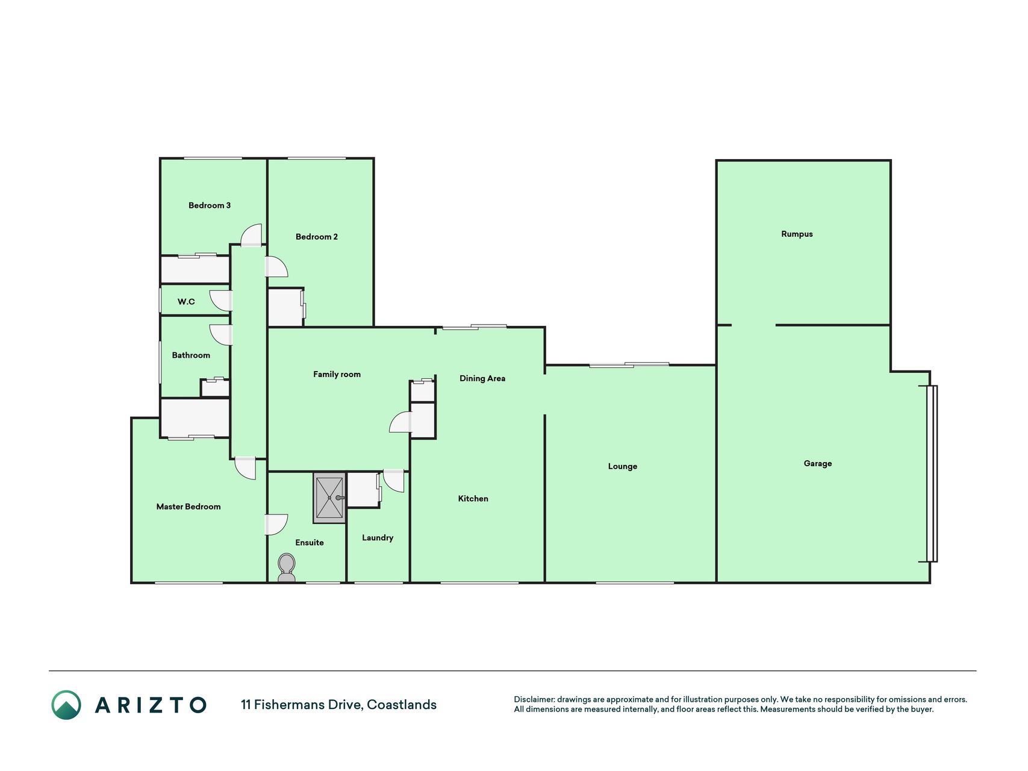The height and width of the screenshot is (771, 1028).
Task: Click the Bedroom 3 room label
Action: [x=210, y=205]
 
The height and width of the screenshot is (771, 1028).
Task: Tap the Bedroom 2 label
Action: [x=317, y=237]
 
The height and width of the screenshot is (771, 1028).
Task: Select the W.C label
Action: [x=186, y=302]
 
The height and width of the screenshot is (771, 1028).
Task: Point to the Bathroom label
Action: [x=191, y=355]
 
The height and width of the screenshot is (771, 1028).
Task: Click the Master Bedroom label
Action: [x=188, y=507]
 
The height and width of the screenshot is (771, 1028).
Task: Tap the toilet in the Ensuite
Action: [x=287, y=568]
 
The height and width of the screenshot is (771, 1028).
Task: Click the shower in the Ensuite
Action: [x=329, y=498]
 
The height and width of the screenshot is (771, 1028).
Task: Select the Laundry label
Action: [x=378, y=538]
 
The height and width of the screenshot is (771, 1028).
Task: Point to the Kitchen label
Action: [x=473, y=499]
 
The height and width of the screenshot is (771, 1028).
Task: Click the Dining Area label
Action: [x=482, y=378]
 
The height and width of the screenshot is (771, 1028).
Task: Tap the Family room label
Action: [x=337, y=375]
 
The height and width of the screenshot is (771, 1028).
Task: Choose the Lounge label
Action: [x=623, y=466]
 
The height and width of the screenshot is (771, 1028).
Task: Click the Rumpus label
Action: [x=797, y=234]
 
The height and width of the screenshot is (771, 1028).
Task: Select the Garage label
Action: [x=818, y=464]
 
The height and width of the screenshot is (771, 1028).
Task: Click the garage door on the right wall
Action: [x=932, y=473]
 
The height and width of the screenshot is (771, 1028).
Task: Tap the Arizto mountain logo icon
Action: [x=66, y=705]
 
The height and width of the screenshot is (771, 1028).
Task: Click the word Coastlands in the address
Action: [x=402, y=705]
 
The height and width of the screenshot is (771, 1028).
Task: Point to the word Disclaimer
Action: [x=534, y=699]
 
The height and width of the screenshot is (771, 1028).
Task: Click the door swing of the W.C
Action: [x=220, y=301]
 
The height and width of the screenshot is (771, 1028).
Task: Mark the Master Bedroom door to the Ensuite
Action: [x=276, y=525]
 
